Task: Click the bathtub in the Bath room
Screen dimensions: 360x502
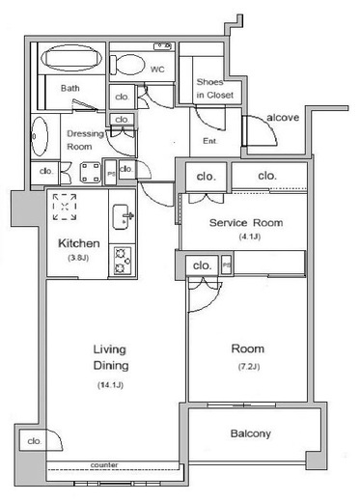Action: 71,58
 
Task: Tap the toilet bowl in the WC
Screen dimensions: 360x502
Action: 127,65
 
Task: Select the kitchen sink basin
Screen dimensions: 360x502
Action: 121,216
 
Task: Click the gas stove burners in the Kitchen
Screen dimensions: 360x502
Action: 123,261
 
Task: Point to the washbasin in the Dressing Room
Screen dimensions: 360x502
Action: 40,136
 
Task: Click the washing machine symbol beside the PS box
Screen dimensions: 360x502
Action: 90,173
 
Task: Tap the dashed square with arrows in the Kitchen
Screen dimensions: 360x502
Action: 65,207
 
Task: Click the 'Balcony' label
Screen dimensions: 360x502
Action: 251,433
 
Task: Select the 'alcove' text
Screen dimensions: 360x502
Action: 283,118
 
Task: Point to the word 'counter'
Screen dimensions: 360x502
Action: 104,465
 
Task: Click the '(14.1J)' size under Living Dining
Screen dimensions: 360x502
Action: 110,385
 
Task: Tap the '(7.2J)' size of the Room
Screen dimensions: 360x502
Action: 249,366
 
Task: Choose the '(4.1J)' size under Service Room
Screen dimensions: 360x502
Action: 250,237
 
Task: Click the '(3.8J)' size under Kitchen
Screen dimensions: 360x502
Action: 78,258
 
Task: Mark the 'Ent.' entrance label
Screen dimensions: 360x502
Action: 210,141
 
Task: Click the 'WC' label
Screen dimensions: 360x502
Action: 157,70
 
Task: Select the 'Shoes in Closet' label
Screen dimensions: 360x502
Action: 215,89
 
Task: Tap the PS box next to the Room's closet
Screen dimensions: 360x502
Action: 227,265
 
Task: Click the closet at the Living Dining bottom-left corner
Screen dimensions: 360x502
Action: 34,441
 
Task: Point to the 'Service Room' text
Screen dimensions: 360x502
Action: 246,223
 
